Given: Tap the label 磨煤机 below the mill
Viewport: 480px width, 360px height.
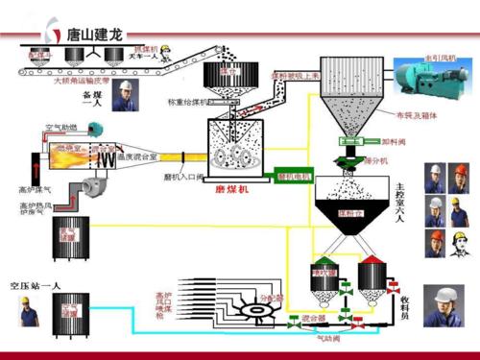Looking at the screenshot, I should (x=232, y=190).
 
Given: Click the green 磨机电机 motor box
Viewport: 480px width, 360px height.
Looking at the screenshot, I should (x=293, y=177).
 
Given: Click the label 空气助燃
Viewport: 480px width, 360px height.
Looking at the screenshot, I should (x=61, y=127).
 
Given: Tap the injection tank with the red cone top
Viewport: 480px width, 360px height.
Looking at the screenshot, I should (x=372, y=279).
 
